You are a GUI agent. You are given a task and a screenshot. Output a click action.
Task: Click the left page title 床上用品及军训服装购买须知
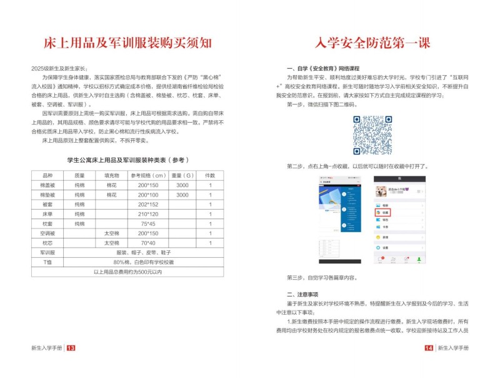click(127, 43)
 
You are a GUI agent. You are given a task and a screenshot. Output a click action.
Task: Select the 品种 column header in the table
click(47, 175)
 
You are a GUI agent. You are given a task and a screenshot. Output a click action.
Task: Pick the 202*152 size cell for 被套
click(147, 204)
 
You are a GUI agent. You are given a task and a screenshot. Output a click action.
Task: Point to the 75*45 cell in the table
click(147, 223)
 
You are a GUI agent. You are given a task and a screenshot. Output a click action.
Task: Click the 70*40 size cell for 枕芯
click(147, 243)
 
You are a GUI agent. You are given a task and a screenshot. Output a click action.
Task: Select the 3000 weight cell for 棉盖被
click(182, 185)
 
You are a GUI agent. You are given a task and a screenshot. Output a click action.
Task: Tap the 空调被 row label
click(47, 233)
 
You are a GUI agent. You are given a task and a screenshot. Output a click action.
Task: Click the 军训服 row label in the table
click(47, 252)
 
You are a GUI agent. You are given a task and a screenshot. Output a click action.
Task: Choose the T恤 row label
click(47, 262)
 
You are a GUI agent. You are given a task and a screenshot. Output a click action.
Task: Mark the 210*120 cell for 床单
click(147, 214)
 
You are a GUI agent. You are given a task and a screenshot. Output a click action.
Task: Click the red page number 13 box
click(71, 348)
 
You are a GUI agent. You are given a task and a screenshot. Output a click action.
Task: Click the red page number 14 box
click(429, 348)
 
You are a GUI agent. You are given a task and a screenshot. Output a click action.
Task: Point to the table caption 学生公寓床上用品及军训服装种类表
click(127, 160)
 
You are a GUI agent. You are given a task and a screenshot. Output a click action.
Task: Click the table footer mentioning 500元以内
click(127, 272)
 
